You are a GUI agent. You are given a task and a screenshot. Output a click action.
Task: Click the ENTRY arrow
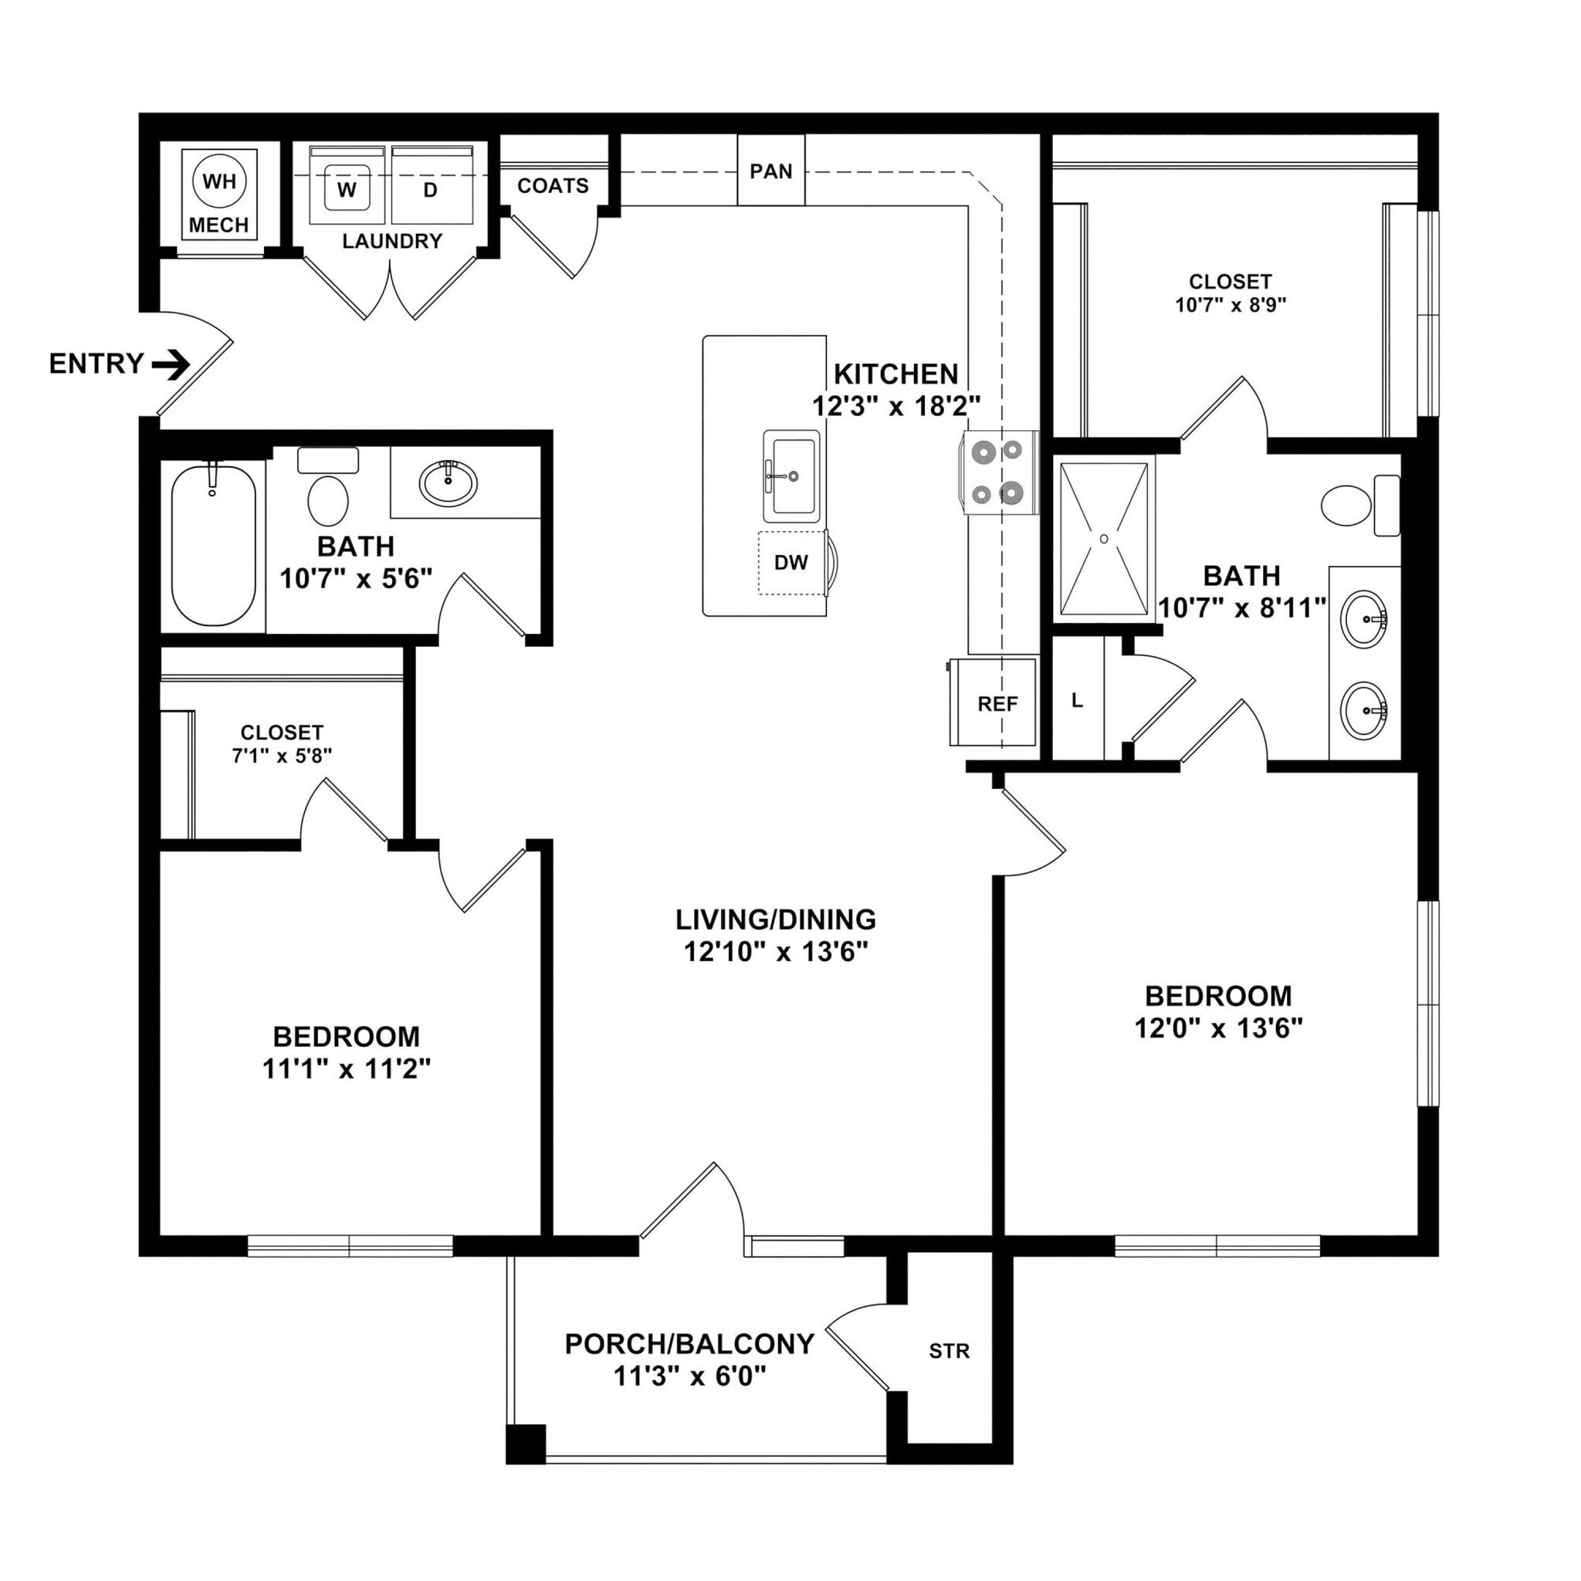point(171,364)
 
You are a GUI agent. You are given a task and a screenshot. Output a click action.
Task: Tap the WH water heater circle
point(218,181)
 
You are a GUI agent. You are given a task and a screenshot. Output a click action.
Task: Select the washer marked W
point(347,190)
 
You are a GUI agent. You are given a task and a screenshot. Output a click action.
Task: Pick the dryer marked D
point(431,190)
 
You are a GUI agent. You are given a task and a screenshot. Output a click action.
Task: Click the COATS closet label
point(553,186)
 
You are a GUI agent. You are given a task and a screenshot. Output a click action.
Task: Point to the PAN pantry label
point(771,171)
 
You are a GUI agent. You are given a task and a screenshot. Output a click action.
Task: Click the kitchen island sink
point(791,476)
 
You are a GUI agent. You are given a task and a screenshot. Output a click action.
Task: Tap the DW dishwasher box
point(790,562)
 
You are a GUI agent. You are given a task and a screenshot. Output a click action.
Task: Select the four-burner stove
point(999,472)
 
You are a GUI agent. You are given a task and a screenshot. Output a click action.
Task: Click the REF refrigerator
point(997,703)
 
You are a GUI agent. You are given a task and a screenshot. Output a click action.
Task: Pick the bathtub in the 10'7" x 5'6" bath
point(213,543)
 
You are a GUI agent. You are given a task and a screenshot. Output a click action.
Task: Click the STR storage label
point(949,1350)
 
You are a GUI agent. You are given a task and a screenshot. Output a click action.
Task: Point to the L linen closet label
point(1077,699)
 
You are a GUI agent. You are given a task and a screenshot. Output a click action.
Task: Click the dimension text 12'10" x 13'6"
point(775,951)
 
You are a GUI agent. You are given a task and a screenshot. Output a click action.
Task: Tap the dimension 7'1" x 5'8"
point(282,755)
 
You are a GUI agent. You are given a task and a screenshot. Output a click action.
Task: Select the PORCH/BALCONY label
point(689,1343)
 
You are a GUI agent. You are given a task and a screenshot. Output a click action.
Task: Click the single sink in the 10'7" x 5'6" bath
point(448,482)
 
